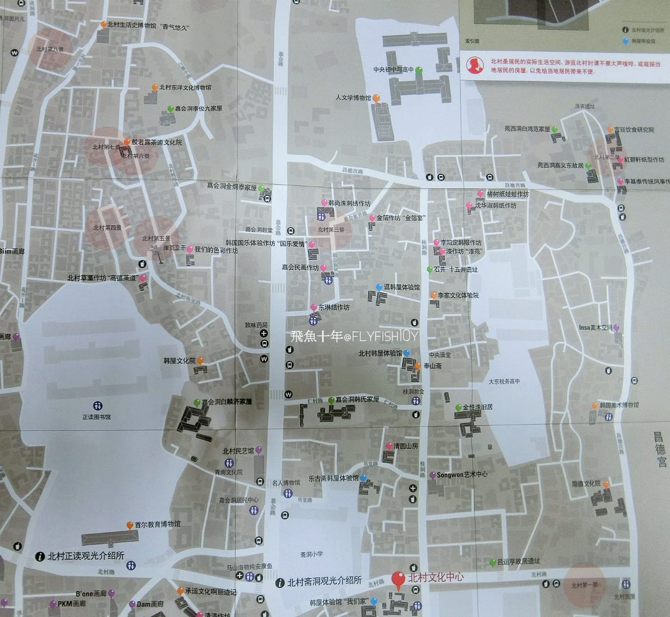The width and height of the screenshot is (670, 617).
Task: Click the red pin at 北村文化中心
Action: tap(399, 579)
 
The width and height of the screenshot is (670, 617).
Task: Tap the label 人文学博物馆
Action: tap(353, 98)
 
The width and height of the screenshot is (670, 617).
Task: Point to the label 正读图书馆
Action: tap(97, 417)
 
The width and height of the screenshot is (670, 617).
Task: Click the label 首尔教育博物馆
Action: tap(158, 525)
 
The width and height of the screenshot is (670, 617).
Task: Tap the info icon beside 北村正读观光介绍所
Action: tap(39, 556)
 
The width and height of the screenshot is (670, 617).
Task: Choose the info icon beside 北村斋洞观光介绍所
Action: tap(279, 583)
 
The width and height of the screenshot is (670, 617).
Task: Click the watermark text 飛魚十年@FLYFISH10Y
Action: tap(355, 337)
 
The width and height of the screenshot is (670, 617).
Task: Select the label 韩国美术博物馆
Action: tap(619, 405)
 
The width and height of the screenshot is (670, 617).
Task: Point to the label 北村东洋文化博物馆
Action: tap(185, 88)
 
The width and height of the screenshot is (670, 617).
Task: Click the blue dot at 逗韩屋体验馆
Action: tap(379, 288)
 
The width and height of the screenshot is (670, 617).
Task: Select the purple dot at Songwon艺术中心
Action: tap(433, 475)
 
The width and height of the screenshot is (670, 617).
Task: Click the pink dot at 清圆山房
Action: tap(389, 446)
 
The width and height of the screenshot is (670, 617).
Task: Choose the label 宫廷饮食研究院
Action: tap(634, 130)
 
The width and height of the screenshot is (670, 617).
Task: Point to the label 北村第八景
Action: tap(49, 49)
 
